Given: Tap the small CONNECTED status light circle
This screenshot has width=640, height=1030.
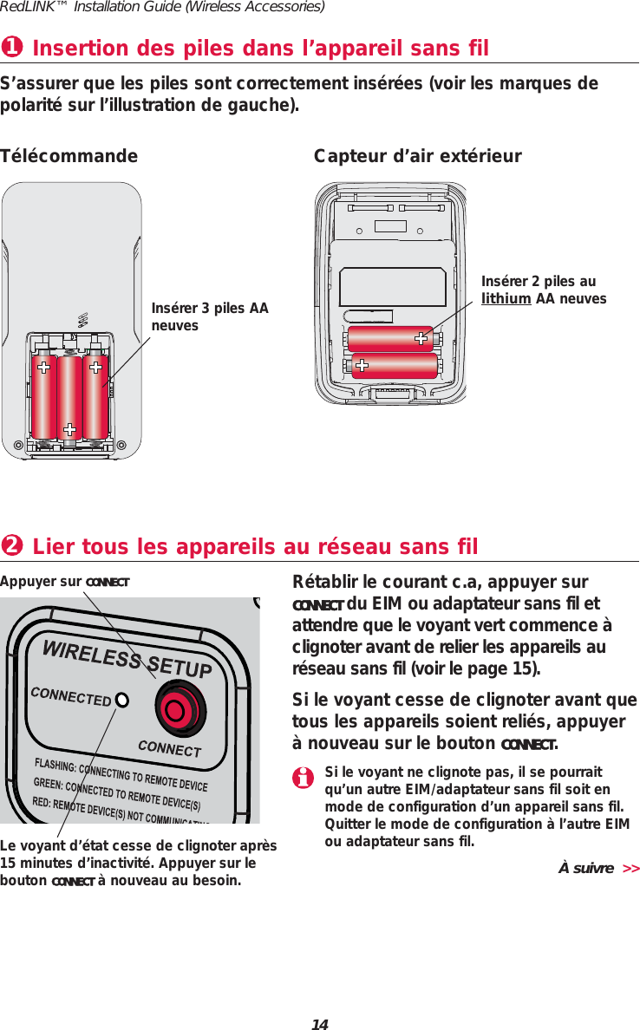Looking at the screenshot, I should tap(122, 699).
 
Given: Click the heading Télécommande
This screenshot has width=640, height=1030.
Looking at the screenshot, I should tap(69, 156).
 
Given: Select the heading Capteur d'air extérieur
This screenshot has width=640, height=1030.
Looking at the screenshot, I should tap(417, 156).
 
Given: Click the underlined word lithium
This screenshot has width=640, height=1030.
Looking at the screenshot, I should tap(506, 298).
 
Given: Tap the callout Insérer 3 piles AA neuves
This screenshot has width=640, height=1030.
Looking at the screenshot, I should tap(210, 316).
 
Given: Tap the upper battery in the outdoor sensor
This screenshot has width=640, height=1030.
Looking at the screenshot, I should tap(390, 337).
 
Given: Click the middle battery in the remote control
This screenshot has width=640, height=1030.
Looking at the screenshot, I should tap(69, 396).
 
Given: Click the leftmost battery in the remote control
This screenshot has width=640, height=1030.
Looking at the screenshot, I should tap(43, 396).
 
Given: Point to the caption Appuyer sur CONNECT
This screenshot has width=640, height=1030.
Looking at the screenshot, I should tap(65, 581).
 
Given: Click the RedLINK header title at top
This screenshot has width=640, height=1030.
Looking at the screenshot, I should tap(162, 8).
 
